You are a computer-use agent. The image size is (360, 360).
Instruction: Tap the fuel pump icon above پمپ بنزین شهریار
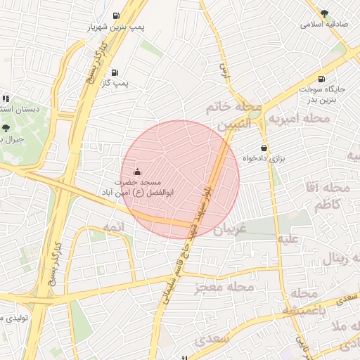pyautogui.click(x=115, y=15)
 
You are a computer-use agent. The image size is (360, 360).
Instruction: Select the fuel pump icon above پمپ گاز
pyautogui.click(x=115, y=72)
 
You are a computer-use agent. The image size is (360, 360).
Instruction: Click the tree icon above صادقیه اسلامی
pyautogui.click(x=324, y=13)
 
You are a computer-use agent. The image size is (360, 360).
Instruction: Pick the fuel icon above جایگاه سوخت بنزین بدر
pyautogui.click(x=321, y=79)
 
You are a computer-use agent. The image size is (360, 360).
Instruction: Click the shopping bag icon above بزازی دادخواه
pyautogui.click(x=264, y=148)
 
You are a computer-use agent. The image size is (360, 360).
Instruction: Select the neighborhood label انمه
pyautogui.click(x=112, y=227)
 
